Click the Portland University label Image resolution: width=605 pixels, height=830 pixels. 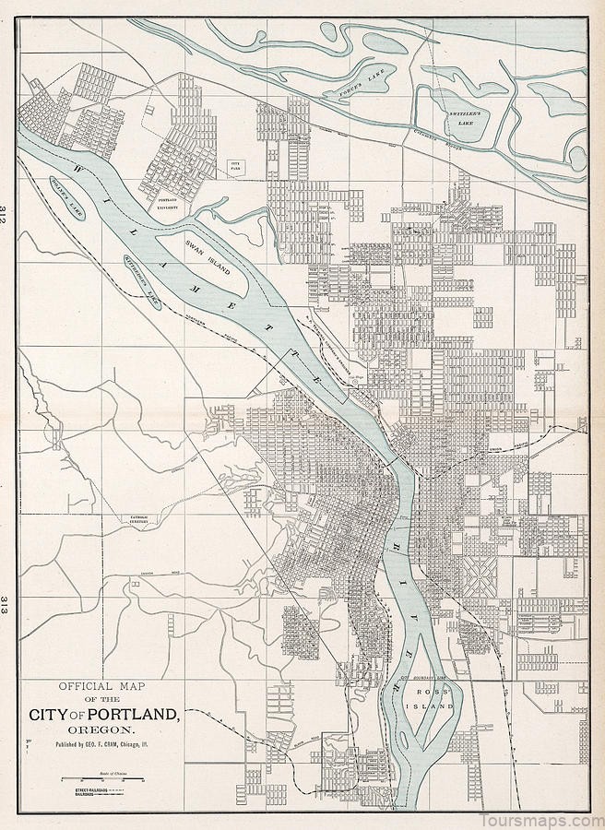click(x=167, y=204)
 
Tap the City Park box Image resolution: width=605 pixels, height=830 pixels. click(x=235, y=167)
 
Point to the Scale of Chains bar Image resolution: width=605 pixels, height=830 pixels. click(x=101, y=779)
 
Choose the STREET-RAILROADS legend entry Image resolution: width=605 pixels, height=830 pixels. click(x=86, y=791)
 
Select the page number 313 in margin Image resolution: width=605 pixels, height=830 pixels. click(x=6, y=606)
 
